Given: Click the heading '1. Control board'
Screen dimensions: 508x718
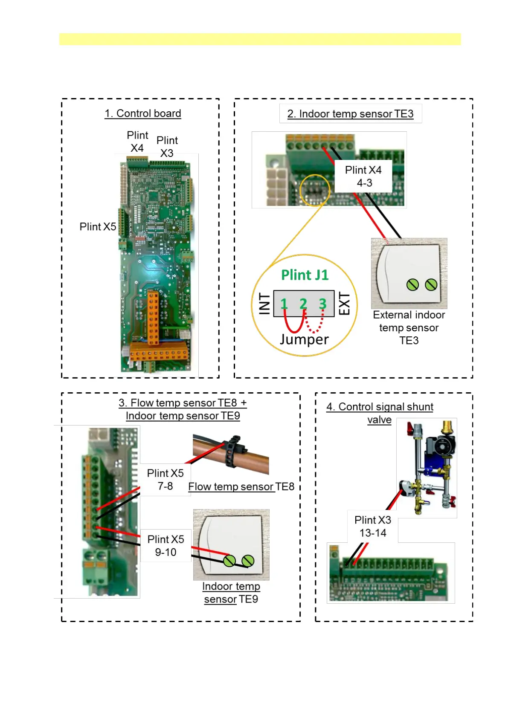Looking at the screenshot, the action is [x=143, y=113].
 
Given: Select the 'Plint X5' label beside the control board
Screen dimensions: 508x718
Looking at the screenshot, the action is [x=98, y=227].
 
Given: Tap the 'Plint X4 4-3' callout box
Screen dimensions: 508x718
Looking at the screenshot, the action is [x=363, y=176].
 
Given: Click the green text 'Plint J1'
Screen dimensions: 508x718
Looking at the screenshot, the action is [x=305, y=275].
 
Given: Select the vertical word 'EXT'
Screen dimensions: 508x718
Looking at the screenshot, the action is [x=344, y=304].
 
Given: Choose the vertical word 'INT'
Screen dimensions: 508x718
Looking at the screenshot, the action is [x=264, y=304].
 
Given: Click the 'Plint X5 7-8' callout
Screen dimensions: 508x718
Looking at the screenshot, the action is [x=165, y=480].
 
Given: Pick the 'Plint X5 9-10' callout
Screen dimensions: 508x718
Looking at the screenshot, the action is [x=166, y=546].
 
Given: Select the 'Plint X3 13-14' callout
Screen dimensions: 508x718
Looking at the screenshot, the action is [x=373, y=526].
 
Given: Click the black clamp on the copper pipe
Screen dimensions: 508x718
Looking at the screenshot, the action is [x=235, y=452].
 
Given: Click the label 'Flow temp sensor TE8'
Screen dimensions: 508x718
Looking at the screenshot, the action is [x=241, y=486].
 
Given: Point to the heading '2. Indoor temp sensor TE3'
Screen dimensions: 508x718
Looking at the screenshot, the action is [x=351, y=114].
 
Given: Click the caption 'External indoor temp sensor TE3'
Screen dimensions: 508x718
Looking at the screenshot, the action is [x=409, y=327].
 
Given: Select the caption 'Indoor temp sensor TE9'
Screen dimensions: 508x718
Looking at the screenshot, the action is [x=231, y=593].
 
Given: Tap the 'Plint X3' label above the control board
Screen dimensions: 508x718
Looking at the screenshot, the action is [x=167, y=147].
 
